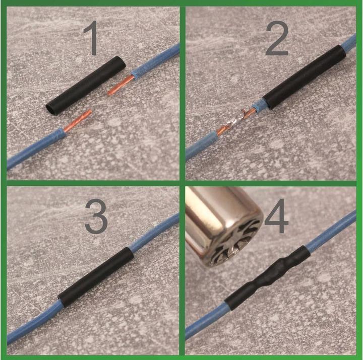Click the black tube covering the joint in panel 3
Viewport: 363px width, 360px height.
click(x=96, y=275)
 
